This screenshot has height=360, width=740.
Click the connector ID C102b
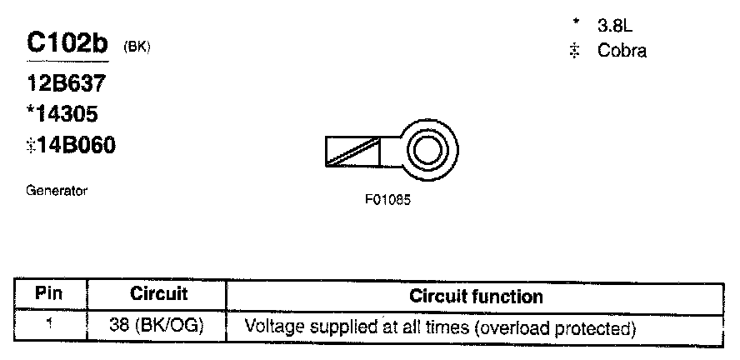69,44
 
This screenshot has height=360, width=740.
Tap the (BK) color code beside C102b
137,47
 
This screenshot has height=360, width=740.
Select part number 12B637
66,84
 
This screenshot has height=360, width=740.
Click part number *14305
66,114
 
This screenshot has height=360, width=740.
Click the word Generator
57,191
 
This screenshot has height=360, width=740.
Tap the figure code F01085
387,201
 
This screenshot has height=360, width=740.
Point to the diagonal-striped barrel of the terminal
352,151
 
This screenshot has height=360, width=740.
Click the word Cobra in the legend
622,50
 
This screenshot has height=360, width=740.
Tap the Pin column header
50,294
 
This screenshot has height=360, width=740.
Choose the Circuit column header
159,294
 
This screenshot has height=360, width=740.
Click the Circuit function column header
476,296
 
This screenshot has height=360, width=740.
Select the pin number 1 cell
50,326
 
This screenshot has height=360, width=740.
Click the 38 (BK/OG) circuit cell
158,327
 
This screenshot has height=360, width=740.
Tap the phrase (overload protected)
556,327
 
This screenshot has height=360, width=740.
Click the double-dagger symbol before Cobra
573,51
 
